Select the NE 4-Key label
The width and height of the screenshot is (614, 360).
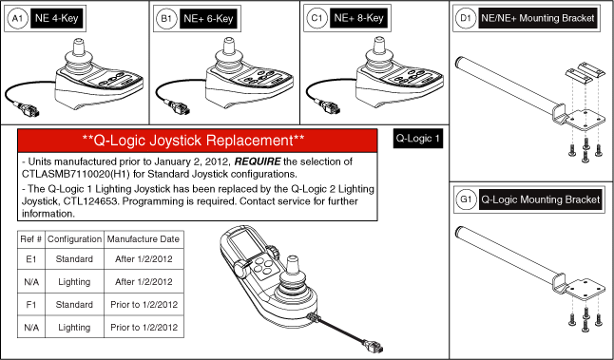coord(57,18)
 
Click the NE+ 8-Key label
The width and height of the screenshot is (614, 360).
coord(358,18)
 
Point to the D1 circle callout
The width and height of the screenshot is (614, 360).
coord(466,18)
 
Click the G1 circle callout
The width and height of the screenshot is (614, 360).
coord(466,199)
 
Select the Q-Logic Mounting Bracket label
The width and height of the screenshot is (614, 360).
coord(541,199)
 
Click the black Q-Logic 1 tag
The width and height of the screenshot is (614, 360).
coord(418,139)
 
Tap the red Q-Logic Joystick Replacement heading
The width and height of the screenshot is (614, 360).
coord(198,141)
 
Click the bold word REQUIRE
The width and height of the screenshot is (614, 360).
coord(258,161)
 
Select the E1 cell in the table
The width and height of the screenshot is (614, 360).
coord(31,259)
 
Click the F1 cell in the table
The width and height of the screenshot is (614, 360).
coord(31,305)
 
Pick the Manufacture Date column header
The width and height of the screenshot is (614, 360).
coord(144,239)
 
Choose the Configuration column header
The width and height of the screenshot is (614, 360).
coord(74,239)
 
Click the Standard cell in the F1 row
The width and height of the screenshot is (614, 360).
coord(74,305)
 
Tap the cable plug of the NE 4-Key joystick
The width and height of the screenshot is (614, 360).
coord(29,109)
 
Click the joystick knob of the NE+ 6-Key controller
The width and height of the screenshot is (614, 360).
coord(228,46)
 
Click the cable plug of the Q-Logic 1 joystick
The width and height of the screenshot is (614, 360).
coord(373,346)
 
